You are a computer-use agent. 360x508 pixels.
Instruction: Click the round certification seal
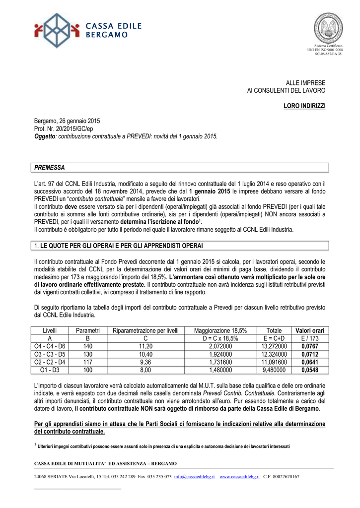click(x=328, y=28)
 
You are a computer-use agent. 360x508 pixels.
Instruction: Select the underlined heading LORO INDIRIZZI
click(x=304, y=107)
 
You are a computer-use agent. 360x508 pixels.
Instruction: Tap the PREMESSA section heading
click(x=50, y=168)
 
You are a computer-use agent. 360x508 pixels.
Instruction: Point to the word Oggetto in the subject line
click(x=45, y=136)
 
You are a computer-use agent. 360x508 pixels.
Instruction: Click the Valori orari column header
click(x=309, y=331)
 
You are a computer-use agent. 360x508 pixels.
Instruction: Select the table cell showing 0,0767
click(x=309, y=346)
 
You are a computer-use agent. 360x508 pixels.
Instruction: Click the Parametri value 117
click(x=88, y=362)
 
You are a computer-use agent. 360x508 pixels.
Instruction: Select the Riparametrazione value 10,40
click(x=145, y=354)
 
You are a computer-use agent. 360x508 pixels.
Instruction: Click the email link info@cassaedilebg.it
click(x=195, y=477)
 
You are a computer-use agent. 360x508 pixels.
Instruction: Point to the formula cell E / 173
click(x=309, y=338)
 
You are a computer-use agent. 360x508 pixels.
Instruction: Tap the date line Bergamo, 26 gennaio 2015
click(x=67, y=121)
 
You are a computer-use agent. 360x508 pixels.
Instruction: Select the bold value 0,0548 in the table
click(x=309, y=370)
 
